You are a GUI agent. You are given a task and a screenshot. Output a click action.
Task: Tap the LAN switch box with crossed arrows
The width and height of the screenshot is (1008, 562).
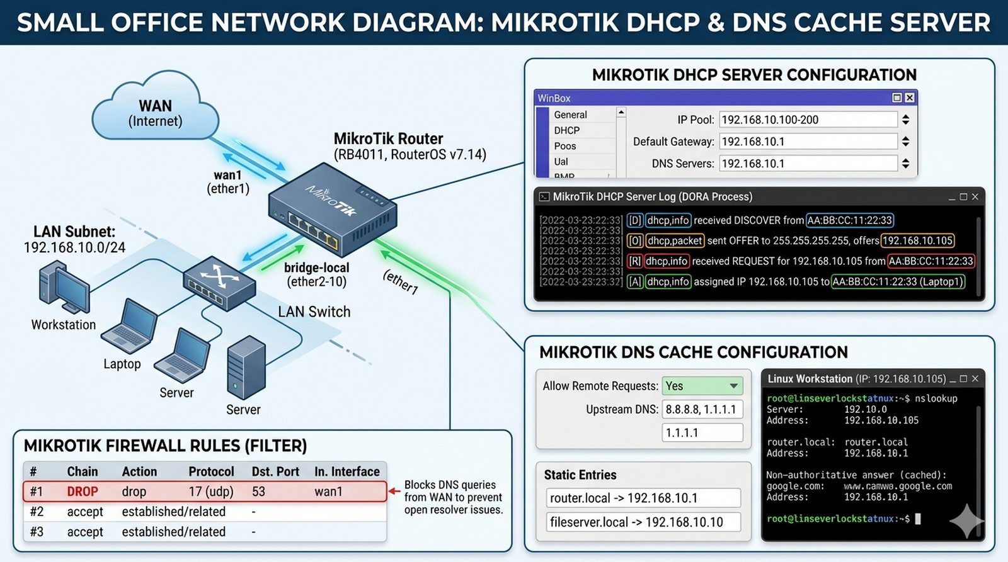(219, 283)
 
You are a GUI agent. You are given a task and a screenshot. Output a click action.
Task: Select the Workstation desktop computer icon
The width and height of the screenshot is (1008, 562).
(64, 288)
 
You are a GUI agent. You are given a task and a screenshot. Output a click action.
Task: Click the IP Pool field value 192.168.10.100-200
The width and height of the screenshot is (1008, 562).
(808, 120)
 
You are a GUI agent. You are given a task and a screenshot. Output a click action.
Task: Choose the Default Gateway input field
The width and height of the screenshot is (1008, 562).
(808, 142)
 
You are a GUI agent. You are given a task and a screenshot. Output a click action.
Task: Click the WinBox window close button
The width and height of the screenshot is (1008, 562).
(909, 98)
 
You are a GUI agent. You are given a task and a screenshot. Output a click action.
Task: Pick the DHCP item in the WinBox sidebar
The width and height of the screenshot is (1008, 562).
(567, 130)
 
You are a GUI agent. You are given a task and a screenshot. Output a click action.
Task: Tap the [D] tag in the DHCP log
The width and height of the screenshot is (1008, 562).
(634, 220)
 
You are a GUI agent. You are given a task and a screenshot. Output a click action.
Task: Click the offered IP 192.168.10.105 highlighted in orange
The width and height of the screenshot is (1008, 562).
(917, 240)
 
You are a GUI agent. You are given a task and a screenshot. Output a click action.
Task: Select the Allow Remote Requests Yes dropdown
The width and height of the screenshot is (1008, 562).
(702, 386)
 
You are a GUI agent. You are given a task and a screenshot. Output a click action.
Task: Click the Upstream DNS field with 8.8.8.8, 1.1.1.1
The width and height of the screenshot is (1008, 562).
(702, 409)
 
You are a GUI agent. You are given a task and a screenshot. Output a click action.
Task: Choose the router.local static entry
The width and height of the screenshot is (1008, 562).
(643, 498)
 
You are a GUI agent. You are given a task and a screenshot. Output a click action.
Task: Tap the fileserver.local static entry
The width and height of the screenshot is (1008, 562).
(643, 522)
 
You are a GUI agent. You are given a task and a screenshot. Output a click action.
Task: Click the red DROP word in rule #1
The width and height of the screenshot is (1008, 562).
(83, 492)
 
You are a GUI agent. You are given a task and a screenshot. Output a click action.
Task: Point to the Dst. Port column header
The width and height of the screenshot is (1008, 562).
(275, 471)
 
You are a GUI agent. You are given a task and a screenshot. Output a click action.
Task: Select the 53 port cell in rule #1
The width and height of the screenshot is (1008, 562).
(258, 492)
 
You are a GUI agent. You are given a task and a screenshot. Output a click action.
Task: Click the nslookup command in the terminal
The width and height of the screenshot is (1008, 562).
(936, 398)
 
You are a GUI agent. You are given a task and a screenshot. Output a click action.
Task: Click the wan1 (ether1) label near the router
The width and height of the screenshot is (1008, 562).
(228, 182)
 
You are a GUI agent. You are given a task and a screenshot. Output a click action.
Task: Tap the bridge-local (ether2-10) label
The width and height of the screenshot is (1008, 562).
(316, 274)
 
